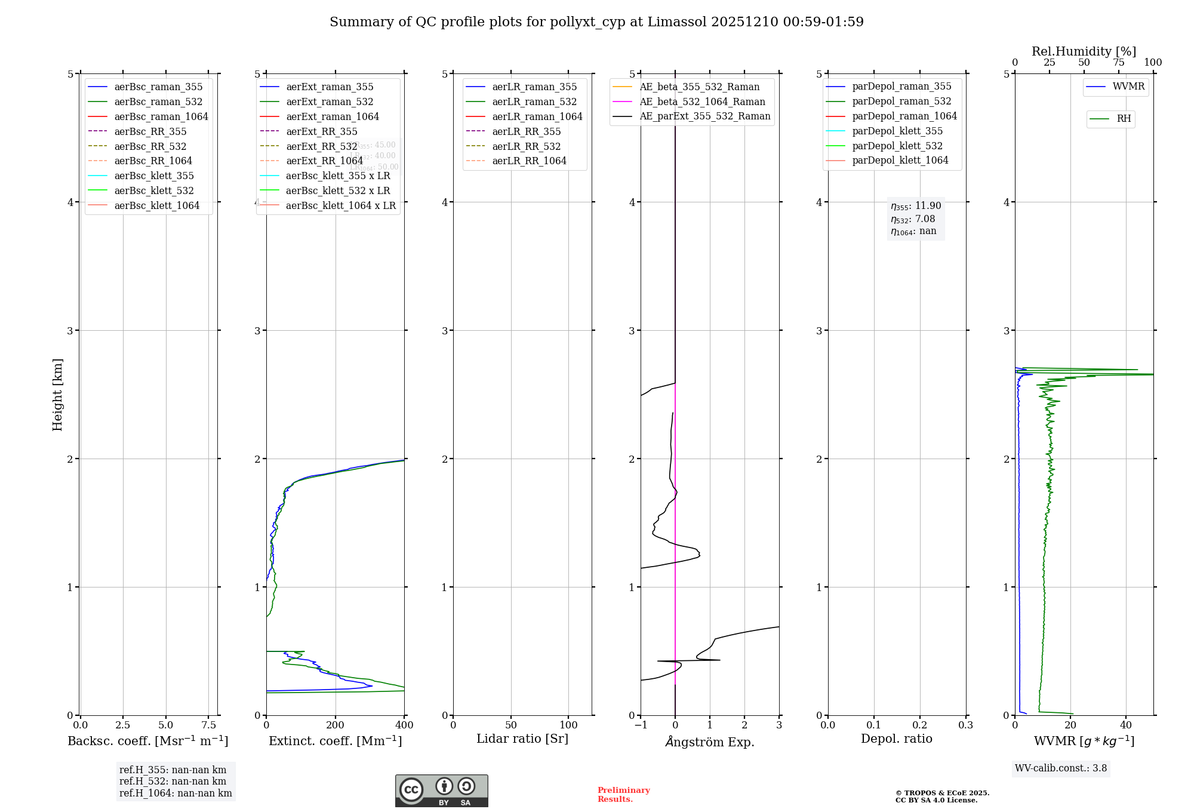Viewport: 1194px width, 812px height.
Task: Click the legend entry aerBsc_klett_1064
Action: [x=157, y=205]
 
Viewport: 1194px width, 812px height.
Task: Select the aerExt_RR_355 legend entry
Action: [x=321, y=131]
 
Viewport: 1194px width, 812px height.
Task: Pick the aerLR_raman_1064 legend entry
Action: [x=537, y=116]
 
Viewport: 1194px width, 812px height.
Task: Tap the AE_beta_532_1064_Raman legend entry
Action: [x=702, y=101]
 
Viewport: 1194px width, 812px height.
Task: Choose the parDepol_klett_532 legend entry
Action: [x=897, y=146]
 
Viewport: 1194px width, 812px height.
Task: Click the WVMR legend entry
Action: [x=1128, y=87]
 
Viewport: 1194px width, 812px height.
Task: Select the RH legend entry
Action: [x=1124, y=119]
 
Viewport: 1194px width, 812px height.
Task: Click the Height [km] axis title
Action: [x=57, y=395]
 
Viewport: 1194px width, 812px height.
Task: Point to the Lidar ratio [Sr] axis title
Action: [x=522, y=739]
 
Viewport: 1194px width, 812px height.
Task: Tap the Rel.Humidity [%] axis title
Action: [x=1084, y=51]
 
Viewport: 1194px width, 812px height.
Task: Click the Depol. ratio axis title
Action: [x=896, y=739]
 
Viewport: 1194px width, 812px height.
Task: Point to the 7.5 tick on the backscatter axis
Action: [x=208, y=725]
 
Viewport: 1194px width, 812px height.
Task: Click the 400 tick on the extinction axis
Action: [x=404, y=725]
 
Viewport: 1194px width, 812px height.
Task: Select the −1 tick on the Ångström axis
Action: [x=641, y=725]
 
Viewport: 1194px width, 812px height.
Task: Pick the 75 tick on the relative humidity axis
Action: [x=1118, y=63]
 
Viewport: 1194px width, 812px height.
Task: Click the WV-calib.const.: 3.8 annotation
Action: [x=1061, y=768]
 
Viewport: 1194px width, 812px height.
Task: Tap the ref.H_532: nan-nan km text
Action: [x=173, y=781]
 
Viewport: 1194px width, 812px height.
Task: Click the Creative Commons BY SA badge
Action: [x=441, y=791]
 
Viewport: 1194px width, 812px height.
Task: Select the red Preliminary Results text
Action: [x=623, y=795]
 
